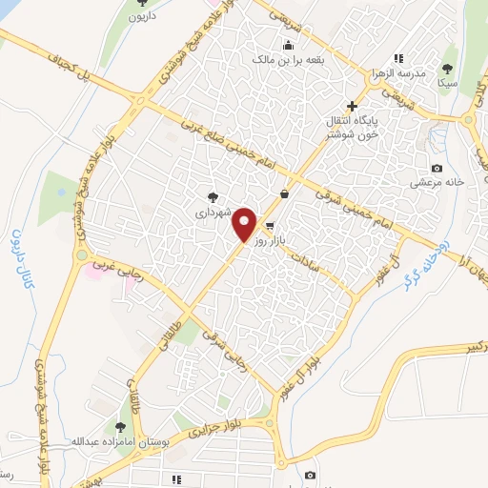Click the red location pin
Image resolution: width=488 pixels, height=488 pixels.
(245, 225)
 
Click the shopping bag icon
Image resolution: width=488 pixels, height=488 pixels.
(284, 193)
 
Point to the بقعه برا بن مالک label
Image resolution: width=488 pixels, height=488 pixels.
(289, 59)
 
